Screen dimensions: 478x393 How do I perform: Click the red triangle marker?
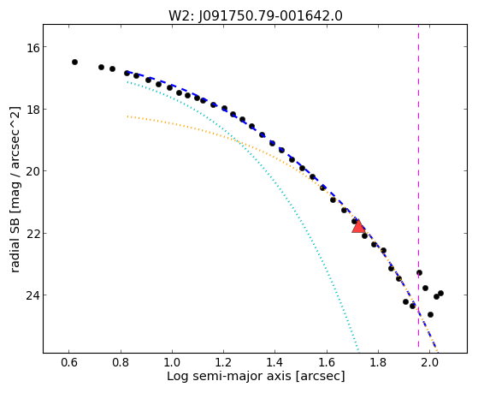tap(358, 226)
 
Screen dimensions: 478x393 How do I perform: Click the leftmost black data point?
tap(74, 62)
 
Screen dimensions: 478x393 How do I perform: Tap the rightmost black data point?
tap(440, 293)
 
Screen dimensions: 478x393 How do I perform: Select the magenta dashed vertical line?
tap(418, 186)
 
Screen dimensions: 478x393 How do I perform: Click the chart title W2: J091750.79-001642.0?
tap(256, 15)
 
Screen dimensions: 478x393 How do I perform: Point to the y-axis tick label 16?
tap(32, 47)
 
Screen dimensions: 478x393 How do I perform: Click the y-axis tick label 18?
tap(32, 110)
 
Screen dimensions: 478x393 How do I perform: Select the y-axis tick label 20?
tap(32, 171)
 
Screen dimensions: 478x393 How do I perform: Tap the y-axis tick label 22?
tap(32, 233)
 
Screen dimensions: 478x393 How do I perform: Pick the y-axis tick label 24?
tap(32, 295)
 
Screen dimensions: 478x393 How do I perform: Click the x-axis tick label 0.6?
tap(69, 362)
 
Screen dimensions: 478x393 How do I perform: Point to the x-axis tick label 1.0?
tap(172, 362)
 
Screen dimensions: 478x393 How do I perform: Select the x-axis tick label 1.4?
tap(275, 362)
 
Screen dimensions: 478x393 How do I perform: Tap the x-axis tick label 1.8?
tap(378, 362)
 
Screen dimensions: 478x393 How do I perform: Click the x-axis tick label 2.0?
tap(429, 362)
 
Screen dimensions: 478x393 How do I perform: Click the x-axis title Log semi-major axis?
tap(229, 376)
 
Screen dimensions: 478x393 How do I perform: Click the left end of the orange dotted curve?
tap(127, 116)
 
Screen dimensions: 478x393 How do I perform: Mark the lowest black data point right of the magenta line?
tap(430, 314)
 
